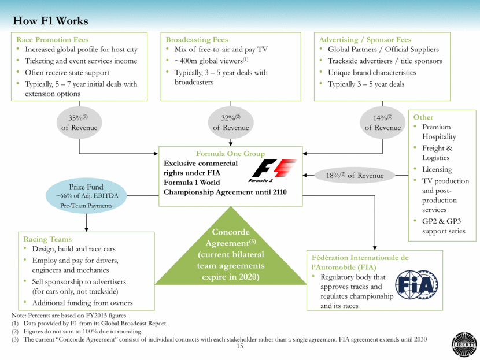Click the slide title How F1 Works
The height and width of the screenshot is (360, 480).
[50, 21]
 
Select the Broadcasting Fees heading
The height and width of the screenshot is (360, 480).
[197, 40]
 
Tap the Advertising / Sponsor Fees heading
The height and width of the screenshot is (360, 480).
[365, 40]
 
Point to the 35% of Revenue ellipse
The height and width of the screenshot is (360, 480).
[79, 123]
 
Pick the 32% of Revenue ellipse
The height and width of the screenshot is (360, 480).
[231, 123]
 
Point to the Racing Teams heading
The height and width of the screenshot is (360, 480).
[47, 239]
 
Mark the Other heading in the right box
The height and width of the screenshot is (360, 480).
[423, 117]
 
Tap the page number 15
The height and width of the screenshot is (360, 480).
[239, 346]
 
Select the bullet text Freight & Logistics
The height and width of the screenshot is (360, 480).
[438, 153]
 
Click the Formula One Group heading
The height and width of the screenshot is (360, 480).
[230, 154]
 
